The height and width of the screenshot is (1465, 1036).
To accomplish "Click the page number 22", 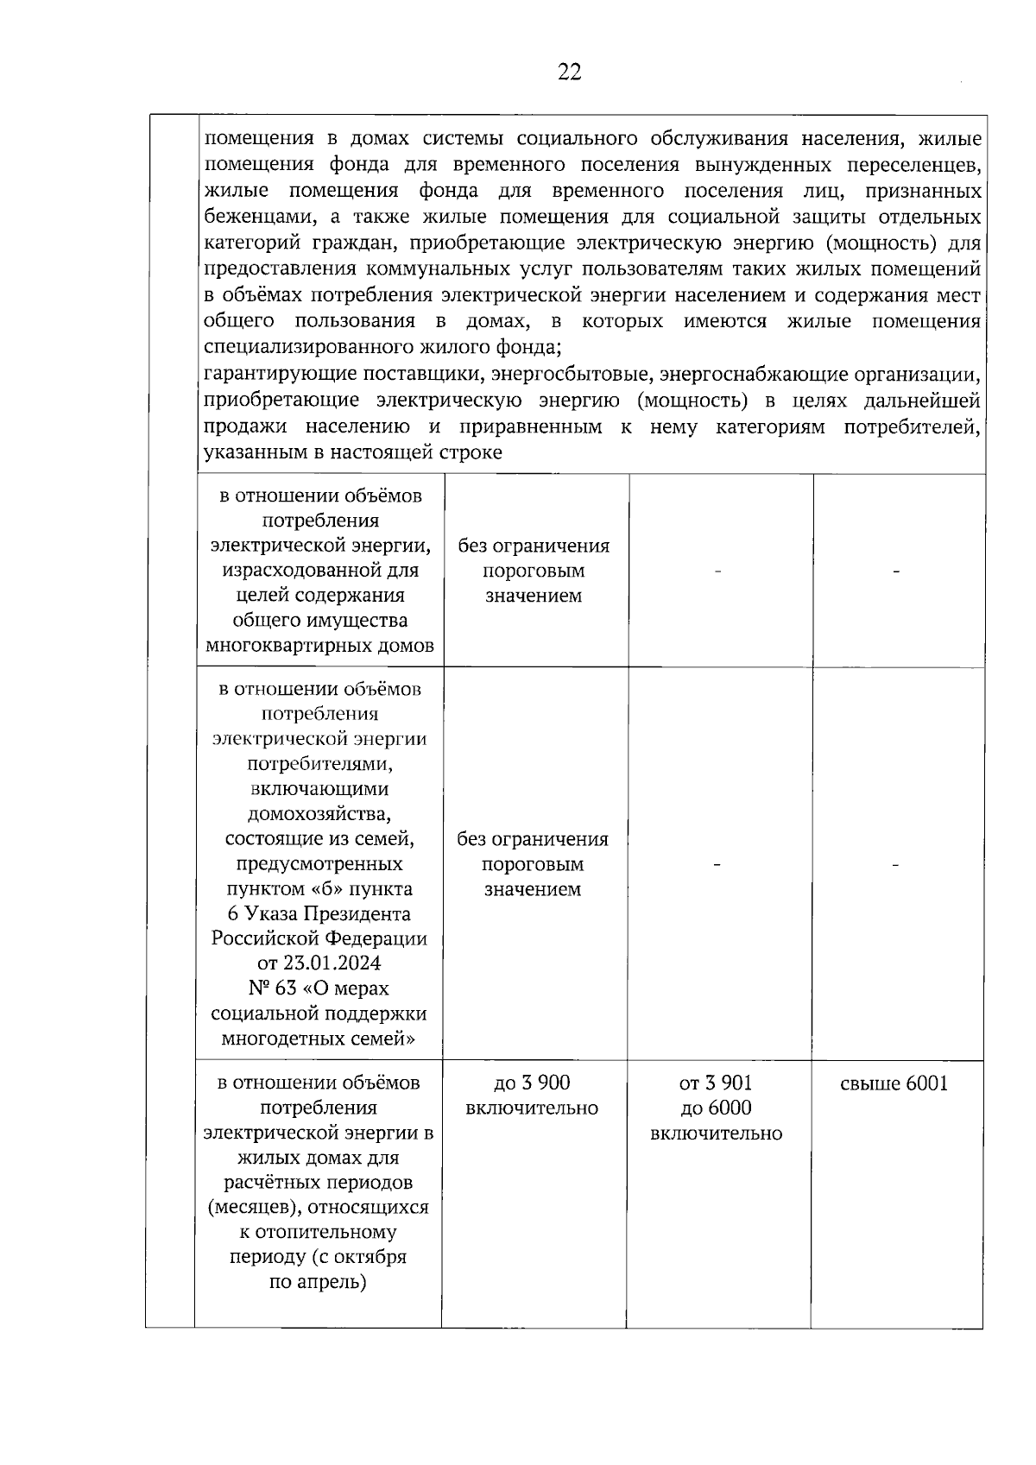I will pyautogui.click(x=569, y=73).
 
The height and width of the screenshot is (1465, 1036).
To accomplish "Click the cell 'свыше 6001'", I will pyautogui.click(x=894, y=1083).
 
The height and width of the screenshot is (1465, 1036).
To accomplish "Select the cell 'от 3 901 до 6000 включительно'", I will pyautogui.click(x=716, y=1108).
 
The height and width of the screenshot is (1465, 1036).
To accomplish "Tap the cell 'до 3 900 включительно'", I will pyautogui.click(x=531, y=1096).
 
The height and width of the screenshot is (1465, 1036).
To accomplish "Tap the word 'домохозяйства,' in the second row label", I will pyautogui.click(x=319, y=813).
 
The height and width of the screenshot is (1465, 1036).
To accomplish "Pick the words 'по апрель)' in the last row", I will pyautogui.click(x=318, y=1282).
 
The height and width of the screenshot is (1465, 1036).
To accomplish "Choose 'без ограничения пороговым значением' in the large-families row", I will pyautogui.click(x=533, y=864).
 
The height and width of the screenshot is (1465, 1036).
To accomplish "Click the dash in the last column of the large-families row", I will pyautogui.click(x=897, y=865).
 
